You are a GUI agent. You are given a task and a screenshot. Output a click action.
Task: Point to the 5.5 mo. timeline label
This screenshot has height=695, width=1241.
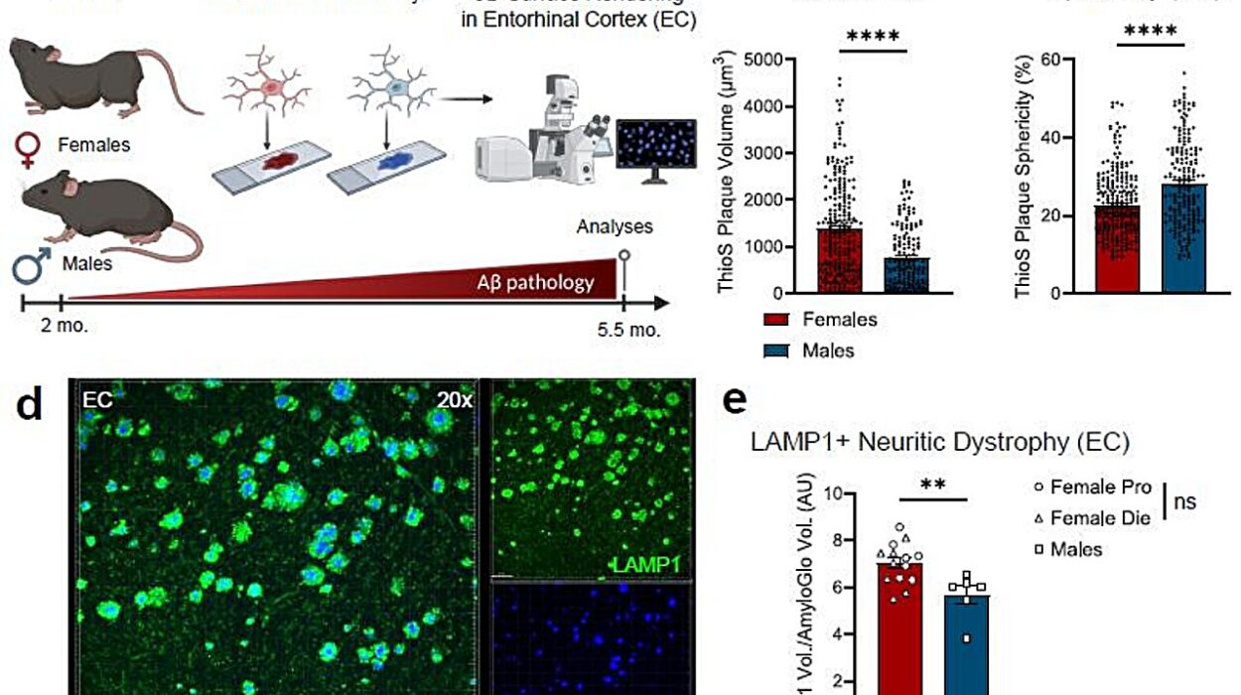(x=626, y=330)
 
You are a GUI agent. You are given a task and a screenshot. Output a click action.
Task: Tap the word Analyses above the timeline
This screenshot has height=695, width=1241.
(x=616, y=226)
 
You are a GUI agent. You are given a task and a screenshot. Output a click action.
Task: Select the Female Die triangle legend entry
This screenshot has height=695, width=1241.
(x=1090, y=517)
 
